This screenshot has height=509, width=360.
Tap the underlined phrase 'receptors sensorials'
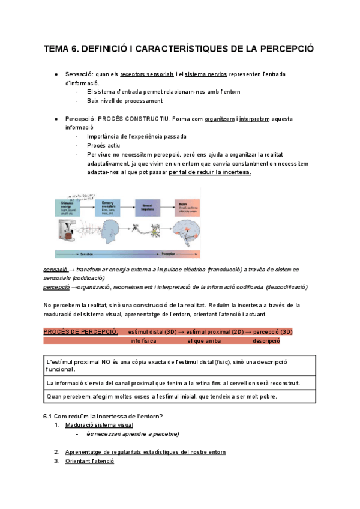click(147, 74)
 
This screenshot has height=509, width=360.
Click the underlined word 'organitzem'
click(220, 119)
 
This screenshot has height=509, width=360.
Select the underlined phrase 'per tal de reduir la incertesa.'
click(210, 172)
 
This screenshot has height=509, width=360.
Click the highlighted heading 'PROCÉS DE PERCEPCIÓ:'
click(81, 331)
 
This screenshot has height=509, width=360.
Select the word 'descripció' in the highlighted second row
click(266, 341)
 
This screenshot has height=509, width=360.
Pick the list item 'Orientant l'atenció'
click(89, 461)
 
